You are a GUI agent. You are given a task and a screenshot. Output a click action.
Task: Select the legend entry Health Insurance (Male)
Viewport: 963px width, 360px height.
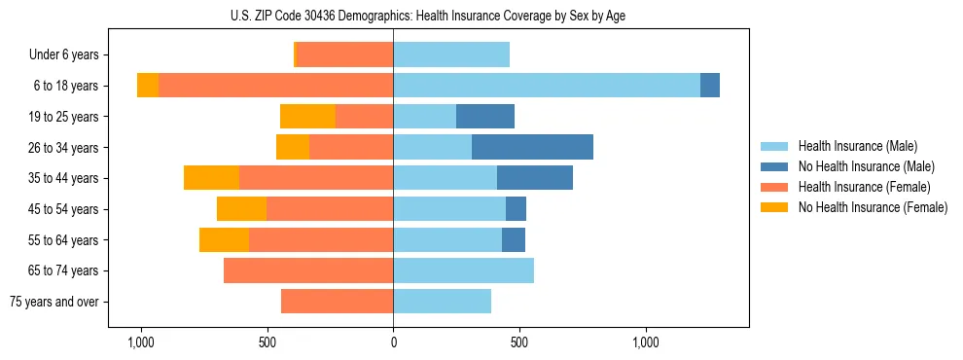856,146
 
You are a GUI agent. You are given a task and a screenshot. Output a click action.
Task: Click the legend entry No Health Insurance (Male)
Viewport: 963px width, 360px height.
863,166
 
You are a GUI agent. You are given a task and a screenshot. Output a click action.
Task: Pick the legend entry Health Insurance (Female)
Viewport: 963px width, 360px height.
864,187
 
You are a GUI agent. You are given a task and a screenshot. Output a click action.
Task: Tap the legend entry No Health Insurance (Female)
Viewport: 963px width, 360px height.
872,207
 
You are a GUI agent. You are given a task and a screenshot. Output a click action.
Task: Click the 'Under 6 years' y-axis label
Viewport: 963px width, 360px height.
69,55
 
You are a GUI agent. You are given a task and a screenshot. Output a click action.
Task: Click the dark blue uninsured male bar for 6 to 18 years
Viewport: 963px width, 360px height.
710,86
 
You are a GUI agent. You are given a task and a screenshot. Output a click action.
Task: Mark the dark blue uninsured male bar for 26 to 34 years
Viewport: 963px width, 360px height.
532,147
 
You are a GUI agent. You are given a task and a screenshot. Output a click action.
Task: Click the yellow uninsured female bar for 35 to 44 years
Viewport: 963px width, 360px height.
211,178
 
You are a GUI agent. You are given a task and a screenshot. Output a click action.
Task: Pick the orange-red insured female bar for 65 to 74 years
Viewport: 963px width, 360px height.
308,270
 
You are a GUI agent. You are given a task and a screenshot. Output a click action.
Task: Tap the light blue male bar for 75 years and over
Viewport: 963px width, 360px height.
442,302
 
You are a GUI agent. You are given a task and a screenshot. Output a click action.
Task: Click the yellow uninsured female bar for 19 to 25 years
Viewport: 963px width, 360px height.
307,117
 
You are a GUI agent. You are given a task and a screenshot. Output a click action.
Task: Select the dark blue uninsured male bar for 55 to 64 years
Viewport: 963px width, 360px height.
514,239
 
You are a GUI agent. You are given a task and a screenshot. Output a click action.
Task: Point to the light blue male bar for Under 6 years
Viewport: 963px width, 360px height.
451,55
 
